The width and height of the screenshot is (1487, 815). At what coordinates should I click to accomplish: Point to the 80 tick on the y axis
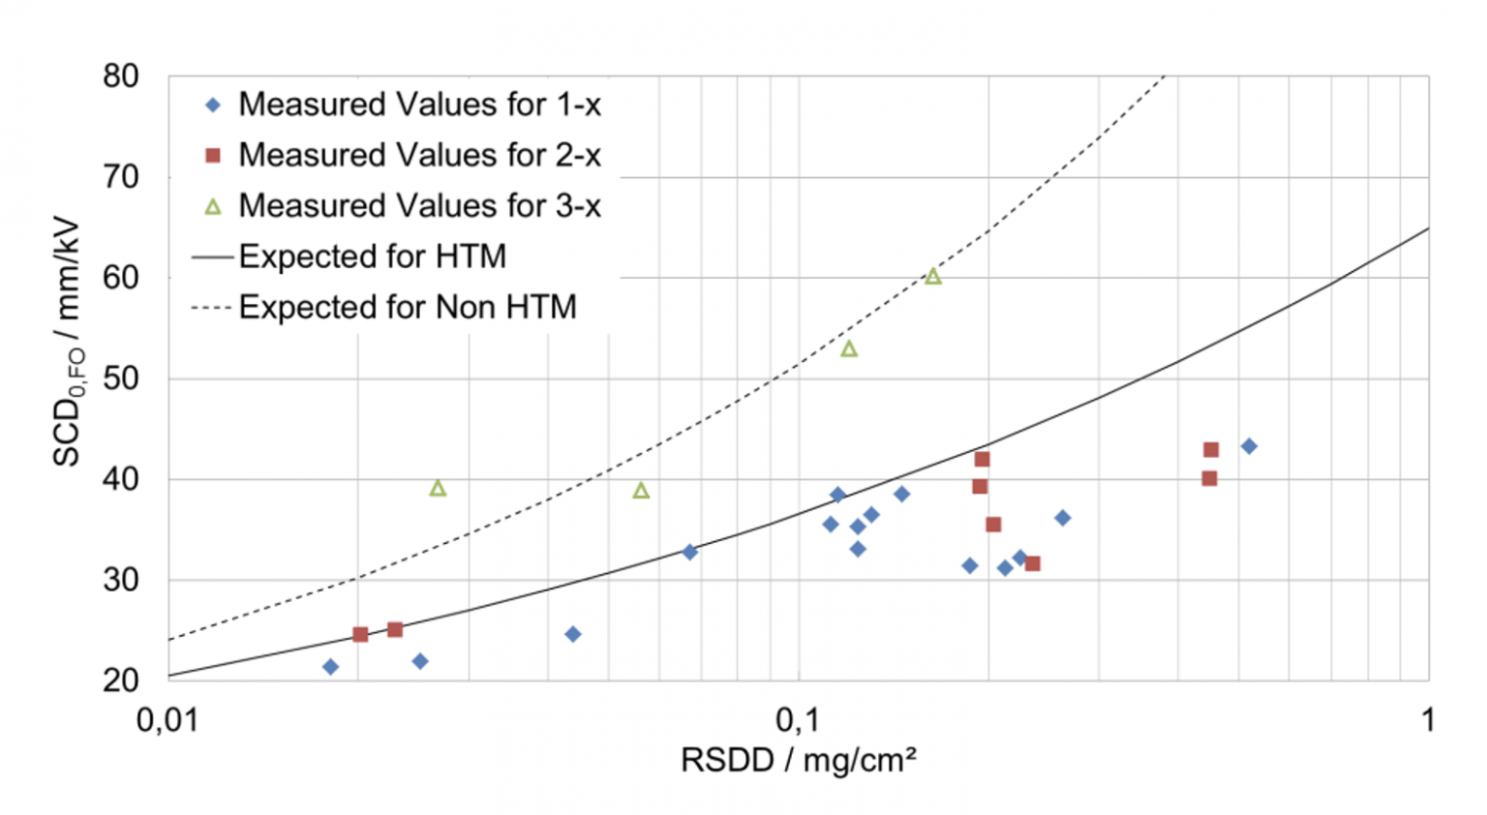pyautogui.click(x=121, y=76)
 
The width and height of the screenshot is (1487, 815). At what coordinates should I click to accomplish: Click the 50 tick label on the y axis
pyautogui.click(x=121, y=378)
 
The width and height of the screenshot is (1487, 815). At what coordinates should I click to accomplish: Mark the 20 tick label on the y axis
pyautogui.click(x=121, y=680)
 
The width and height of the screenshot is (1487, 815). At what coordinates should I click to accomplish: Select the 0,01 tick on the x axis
pyautogui.click(x=167, y=720)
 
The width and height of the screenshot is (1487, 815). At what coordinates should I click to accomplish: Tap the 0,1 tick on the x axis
pyautogui.click(x=798, y=720)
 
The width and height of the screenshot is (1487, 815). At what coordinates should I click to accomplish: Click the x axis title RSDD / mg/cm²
pyautogui.click(x=798, y=761)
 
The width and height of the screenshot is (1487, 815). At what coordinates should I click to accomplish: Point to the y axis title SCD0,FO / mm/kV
pyautogui.click(x=68, y=344)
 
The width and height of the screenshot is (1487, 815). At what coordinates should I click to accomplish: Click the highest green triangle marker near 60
pyautogui.click(x=932, y=277)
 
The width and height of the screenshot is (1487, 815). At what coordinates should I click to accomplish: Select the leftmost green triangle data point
pyautogui.click(x=438, y=489)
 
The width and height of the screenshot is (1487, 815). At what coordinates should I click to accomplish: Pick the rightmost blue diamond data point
pyautogui.click(x=1249, y=446)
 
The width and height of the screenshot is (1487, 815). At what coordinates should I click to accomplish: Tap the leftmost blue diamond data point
pyautogui.click(x=330, y=667)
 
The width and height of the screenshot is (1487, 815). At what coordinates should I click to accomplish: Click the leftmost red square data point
pyautogui.click(x=360, y=635)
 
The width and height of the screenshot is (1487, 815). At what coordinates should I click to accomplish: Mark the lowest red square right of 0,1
pyautogui.click(x=1032, y=563)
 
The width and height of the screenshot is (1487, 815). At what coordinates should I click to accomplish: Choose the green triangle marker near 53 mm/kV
pyautogui.click(x=849, y=349)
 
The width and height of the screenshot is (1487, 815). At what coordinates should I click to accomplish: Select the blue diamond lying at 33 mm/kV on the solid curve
pyautogui.click(x=689, y=553)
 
